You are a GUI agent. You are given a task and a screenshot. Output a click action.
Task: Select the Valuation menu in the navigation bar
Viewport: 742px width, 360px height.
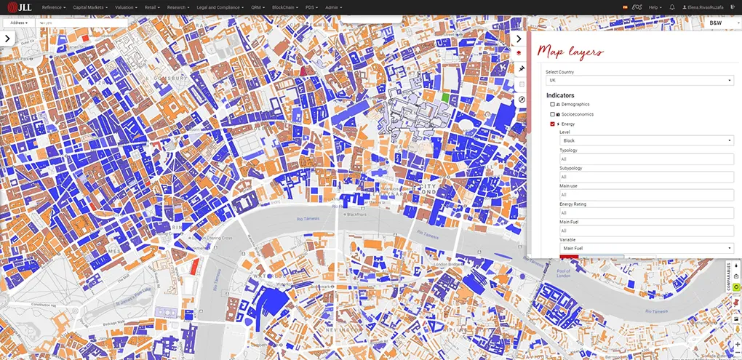pos(125,7)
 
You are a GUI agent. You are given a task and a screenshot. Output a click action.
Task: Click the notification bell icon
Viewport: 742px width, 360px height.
pos(672,7)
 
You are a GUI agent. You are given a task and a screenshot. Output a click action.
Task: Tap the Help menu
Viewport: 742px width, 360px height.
pos(655,7)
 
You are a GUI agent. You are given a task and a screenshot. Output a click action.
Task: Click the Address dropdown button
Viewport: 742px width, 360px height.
pos(20,23)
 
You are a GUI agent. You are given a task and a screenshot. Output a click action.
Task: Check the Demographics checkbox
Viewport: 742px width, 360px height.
pos(553,104)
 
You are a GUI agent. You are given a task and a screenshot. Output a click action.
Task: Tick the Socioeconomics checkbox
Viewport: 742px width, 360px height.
pos(553,114)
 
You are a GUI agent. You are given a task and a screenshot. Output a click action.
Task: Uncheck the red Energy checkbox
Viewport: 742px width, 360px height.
pos(553,124)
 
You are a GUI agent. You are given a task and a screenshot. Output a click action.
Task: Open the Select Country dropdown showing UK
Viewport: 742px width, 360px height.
pos(639,80)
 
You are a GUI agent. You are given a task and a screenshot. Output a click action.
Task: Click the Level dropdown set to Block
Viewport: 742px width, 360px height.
pos(646,140)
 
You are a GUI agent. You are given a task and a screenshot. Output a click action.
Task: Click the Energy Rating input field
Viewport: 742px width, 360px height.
pos(646,212)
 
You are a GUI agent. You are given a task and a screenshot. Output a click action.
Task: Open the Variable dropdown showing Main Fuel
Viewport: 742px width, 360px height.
pos(646,248)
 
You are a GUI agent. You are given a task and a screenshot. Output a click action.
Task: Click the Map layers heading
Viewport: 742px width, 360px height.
pos(570,52)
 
